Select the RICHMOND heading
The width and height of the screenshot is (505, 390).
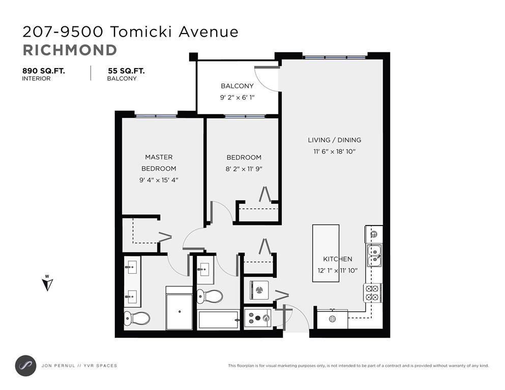pos(70,50)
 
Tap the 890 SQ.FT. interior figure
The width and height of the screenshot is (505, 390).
pos(43,71)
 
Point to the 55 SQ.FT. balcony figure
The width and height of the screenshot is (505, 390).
pos(126,71)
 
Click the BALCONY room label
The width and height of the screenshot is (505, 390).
pos(237,86)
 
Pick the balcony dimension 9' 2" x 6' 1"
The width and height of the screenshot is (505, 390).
pos(237,97)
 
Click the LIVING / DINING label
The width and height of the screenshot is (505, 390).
pos(334,140)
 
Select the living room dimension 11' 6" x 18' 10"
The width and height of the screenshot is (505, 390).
pos(334,151)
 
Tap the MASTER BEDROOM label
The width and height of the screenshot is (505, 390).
pos(159,162)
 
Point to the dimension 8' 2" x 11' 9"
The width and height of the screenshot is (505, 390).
pos(244,169)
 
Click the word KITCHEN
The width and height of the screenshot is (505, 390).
pos(338,259)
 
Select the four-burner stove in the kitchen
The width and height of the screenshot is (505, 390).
pos(373,292)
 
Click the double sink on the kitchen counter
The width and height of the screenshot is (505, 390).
pos(374,255)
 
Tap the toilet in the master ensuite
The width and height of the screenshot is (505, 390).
pos(137,318)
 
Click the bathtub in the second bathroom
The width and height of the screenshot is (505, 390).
pos(218,320)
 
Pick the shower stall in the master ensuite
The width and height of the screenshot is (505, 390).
pos(179,308)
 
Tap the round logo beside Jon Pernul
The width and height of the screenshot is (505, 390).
pos(26,366)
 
